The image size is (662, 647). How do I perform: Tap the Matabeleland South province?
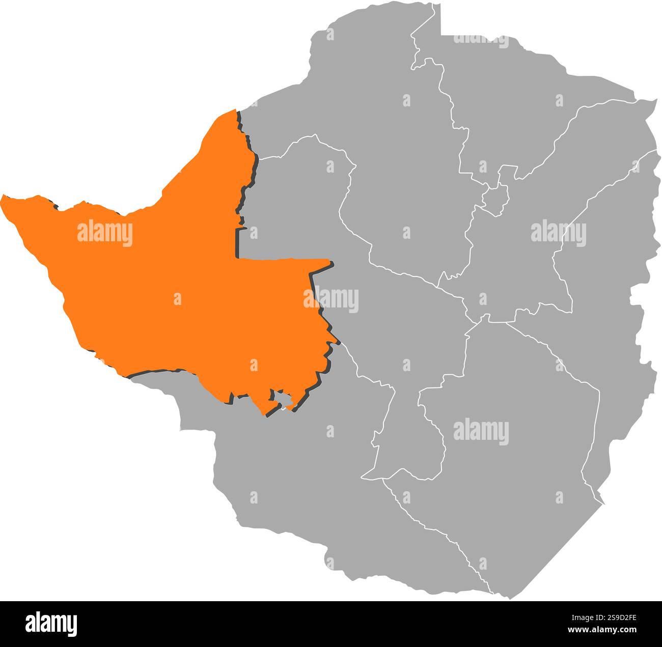coord(306,484)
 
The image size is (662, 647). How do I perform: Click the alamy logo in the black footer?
coord(51,624)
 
